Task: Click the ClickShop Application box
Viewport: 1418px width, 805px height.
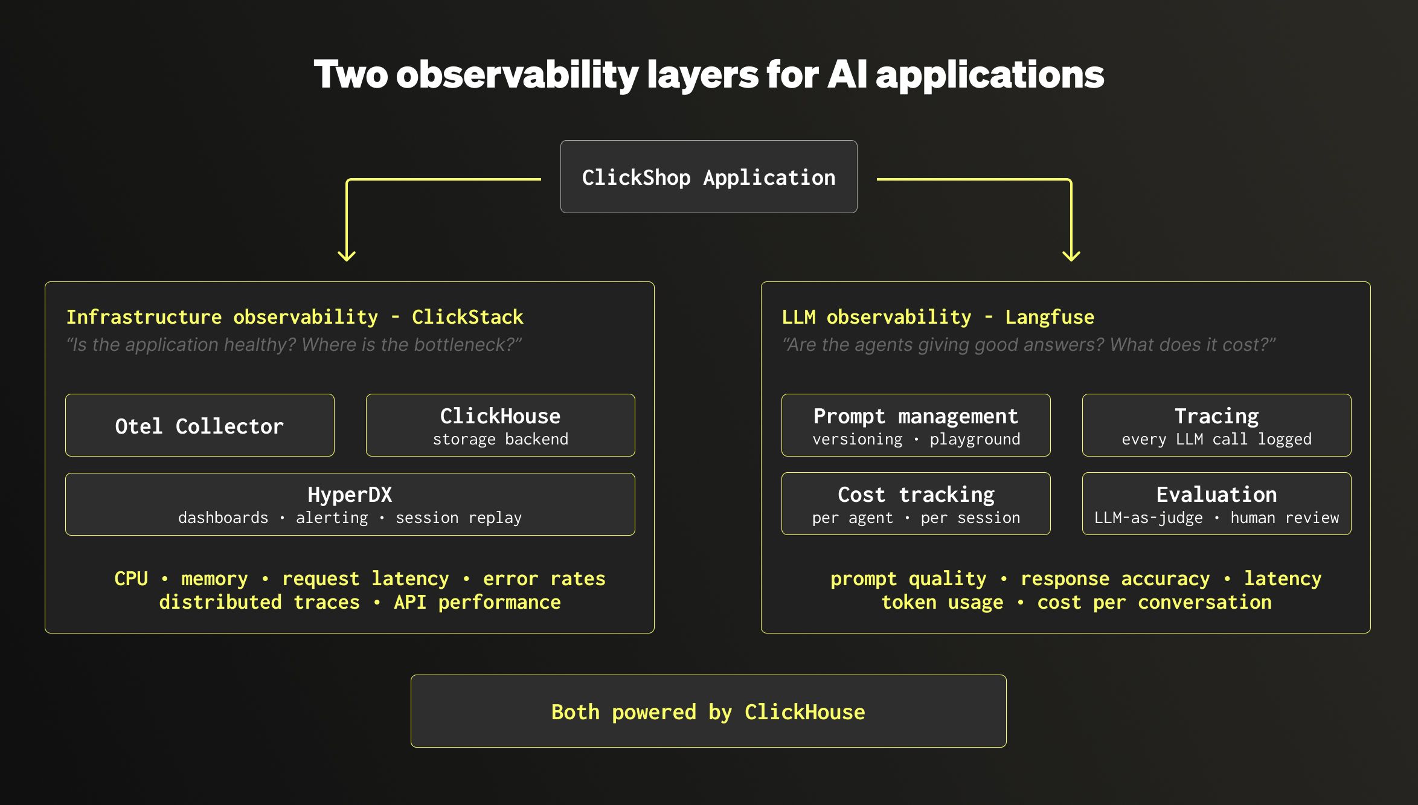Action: tap(708, 177)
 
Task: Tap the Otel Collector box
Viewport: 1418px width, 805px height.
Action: tap(199, 426)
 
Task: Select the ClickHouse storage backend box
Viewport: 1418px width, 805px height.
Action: tap(500, 426)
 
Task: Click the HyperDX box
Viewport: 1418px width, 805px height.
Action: tap(350, 504)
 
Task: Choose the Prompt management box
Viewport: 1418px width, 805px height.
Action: tap(916, 426)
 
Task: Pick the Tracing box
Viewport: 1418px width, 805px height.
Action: tap(1216, 426)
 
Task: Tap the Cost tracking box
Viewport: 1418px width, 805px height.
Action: tap(916, 504)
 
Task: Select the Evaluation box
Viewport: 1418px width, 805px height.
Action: tap(1216, 504)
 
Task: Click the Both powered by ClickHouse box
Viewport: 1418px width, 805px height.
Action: tap(708, 711)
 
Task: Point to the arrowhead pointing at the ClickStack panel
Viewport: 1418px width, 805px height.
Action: tap(347, 256)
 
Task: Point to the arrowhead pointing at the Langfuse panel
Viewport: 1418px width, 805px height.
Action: tap(1071, 256)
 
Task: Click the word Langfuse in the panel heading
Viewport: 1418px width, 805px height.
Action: tap(1049, 317)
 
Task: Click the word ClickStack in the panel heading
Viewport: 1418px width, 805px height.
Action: tap(467, 317)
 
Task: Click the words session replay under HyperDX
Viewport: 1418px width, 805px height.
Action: tap(458, 518)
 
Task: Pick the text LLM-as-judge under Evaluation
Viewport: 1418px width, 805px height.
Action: tap(1148, 518)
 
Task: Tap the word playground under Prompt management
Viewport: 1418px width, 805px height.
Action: tap(975, 440)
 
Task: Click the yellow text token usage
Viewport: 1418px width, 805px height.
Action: tap(942, 603)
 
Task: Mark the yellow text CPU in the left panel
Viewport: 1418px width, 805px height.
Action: tap(131, 579)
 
